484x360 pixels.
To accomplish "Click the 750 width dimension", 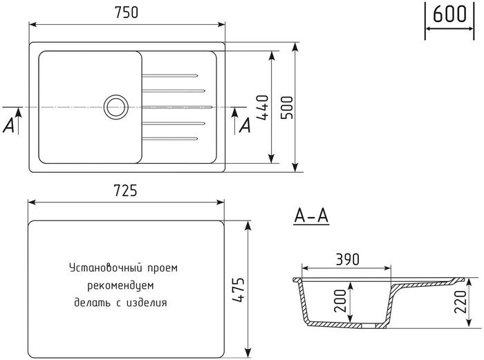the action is click(127, 12).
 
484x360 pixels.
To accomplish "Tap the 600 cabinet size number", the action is click(449, 14).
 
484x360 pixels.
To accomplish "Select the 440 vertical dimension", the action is click(263, 107).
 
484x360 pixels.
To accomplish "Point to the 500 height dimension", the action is click(287, 107).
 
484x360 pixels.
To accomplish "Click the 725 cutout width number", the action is click(125, 190).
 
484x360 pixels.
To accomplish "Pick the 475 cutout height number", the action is click(239, 290).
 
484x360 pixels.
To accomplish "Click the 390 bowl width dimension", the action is click(347, 260).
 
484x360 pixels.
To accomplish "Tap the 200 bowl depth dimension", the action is click(340, 301).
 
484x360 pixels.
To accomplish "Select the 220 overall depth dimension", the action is click(460, 302).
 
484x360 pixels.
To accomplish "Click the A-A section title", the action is click(311, 216).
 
